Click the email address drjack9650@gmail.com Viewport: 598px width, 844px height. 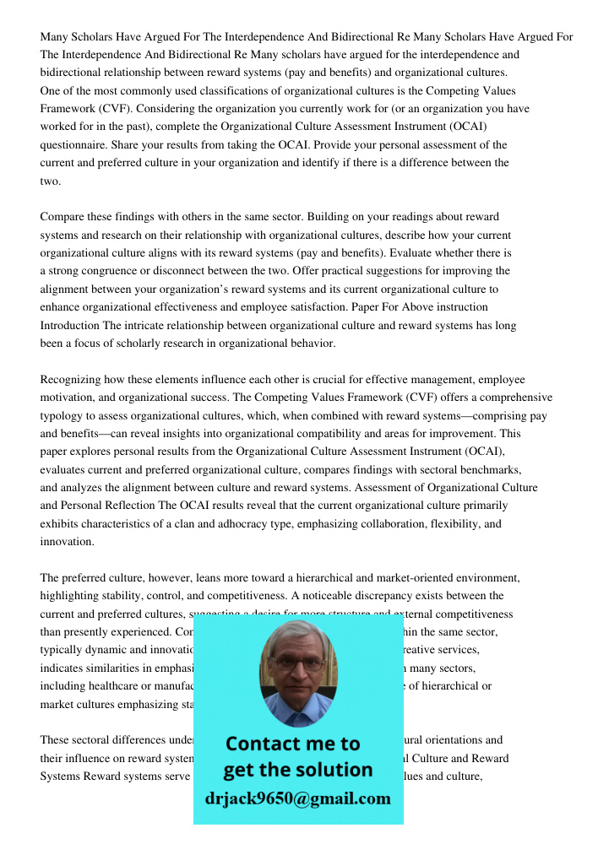click(297, 798)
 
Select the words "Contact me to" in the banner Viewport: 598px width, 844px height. click(292, 744)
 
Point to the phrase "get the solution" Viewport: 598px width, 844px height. click(297, 770)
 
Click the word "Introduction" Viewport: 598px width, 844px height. click(70, 326)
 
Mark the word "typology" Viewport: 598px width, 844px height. click(64, 416)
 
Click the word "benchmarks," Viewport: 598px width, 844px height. click(489, 470)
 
